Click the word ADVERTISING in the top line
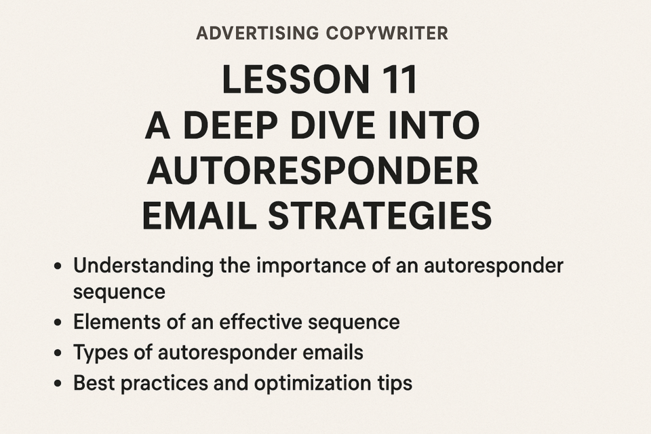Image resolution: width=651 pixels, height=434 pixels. click(x=258, y=33)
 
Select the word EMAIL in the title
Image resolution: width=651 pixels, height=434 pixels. click(x=199, y=216)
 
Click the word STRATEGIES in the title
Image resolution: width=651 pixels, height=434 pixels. click(x=380, y=216)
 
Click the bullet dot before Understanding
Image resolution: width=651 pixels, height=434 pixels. click(x=58, y=267)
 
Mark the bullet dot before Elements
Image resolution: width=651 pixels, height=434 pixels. click(x=58, y=322)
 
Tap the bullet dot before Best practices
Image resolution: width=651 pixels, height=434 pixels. click(x=58, y=383)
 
